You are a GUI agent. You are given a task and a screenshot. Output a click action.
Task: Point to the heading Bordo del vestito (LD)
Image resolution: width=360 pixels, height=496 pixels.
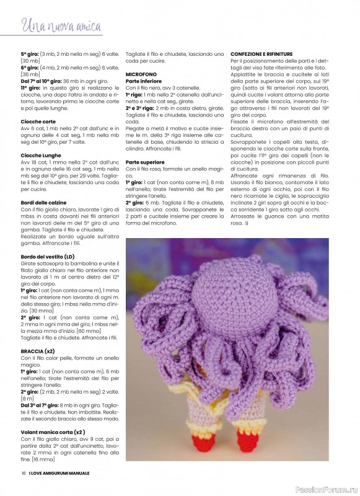coord(48,257)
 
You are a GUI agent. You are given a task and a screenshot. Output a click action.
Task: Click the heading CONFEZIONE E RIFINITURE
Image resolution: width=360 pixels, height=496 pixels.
coord(261,55)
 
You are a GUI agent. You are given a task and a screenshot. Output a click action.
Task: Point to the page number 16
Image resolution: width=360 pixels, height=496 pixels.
coord(23,474)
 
